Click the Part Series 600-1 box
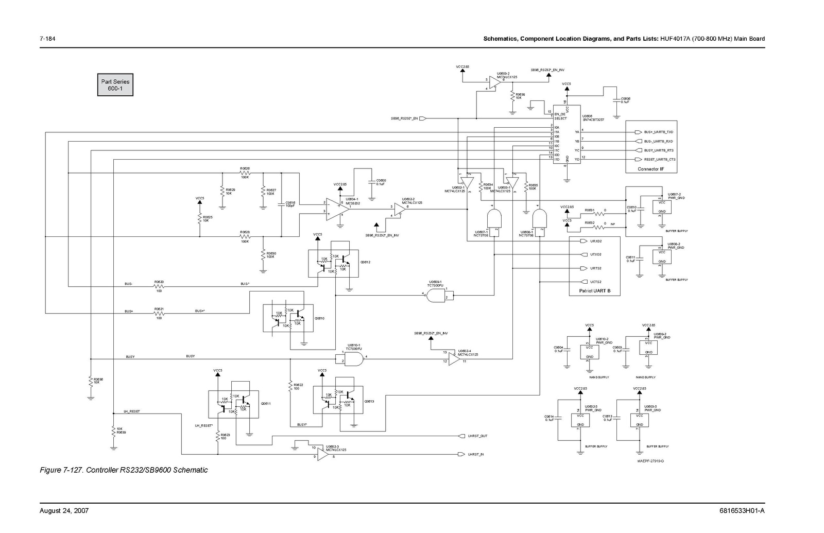(115, 85)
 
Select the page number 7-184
(48, 39)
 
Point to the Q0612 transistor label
(366, 262)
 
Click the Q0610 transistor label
(319, 318)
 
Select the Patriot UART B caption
(594, 291)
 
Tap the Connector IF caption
(650, 169)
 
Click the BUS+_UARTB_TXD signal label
(658, 132)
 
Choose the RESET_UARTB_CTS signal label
(660, 160)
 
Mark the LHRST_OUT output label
(477, 436)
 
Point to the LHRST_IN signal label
(476, 454)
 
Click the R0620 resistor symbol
(159, 284)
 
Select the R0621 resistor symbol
(159, 312)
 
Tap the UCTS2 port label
(596, 282)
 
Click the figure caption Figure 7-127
(124, 470)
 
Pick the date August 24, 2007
(64, 511)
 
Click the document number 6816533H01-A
(742, 511)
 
